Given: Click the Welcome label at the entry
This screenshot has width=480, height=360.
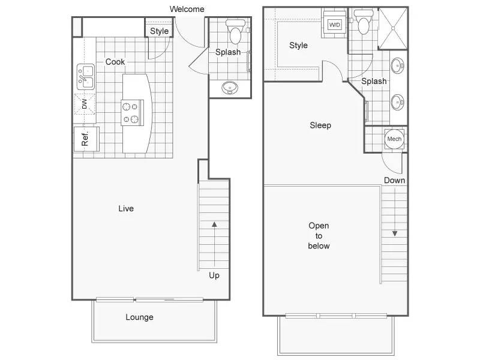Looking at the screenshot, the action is pos(187,9).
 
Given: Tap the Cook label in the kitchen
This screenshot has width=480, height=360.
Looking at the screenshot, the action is pos(115,62).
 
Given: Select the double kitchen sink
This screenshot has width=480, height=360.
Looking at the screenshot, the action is pos(86,77).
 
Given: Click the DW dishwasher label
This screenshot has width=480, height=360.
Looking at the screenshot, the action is pos(85,104).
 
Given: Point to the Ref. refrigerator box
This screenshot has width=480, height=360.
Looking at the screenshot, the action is pos(86,139).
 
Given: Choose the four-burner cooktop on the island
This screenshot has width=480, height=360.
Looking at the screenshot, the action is pos(132,113).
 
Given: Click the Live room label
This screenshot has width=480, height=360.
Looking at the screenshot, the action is pos(126,208).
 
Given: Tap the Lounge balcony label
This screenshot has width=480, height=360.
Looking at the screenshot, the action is pos(139,317).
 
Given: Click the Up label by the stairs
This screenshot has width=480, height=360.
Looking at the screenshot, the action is pos(214,275).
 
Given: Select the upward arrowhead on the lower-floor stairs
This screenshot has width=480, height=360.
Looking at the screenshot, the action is pos(214,224).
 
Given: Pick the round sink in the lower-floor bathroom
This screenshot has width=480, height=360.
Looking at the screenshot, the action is pos(229,88).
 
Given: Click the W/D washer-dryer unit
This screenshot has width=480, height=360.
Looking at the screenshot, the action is pos(335,25).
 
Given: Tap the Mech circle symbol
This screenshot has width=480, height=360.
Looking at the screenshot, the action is pos(394,139).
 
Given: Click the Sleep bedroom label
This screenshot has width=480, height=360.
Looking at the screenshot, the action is pos(320,125).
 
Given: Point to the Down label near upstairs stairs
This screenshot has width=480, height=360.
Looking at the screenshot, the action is pos(394,181).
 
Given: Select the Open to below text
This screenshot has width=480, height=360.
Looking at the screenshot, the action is pos(319,236).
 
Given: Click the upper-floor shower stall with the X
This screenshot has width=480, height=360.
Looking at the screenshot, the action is pos(394,28).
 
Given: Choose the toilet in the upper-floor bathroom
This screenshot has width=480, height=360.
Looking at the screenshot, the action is pos(364,22).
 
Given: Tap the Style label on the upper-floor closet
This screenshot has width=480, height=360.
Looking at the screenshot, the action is pos(298,46).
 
